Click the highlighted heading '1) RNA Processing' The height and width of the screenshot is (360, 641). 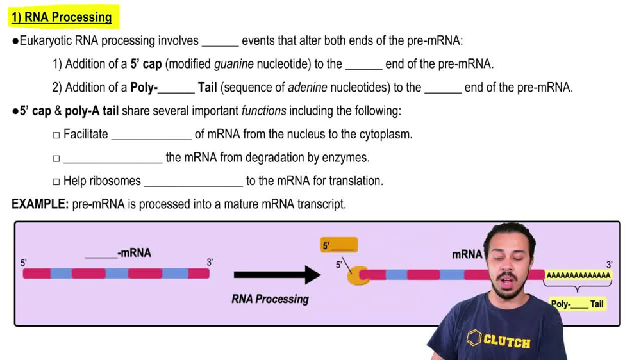tap(62, 17)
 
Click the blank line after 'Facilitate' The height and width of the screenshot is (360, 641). tap(151, 135)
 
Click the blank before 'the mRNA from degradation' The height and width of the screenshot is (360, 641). tap(113, 158)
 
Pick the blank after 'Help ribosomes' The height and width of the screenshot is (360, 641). tap(194, 181)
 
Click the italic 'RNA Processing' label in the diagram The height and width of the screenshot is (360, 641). tap(270, 299)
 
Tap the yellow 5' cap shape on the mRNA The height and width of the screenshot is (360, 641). tap(356, 275)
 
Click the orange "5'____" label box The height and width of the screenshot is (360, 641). tap(338, 245)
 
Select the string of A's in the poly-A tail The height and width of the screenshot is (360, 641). tap(578, 275)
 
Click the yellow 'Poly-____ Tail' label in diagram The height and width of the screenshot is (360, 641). tap(578, 304)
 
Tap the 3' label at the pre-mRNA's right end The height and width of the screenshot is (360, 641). tap(210, 262)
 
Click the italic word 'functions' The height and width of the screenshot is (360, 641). tap(263, 111)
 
